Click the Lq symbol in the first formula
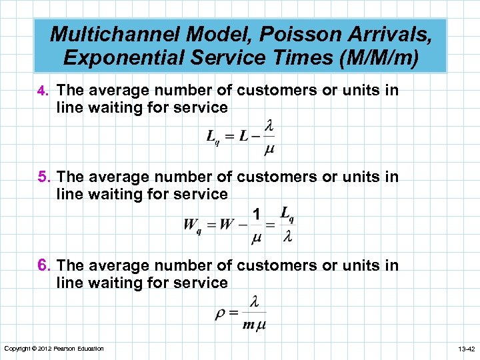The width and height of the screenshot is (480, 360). (213, 138)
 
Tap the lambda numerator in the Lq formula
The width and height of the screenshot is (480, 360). (269, 126)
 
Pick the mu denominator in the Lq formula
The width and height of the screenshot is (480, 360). (269, 149)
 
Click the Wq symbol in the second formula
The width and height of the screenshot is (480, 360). (192, 225)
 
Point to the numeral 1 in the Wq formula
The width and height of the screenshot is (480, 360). (256, 214)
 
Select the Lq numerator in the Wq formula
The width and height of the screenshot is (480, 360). (287, 214)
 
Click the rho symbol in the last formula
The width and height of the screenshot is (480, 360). (220, 314)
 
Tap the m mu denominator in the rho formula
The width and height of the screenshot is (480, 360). (254, 325)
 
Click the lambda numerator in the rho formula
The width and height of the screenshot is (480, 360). (254, 302)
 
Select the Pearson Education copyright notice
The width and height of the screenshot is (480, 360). (54, 349)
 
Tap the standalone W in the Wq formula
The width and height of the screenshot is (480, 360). (227, 224)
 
